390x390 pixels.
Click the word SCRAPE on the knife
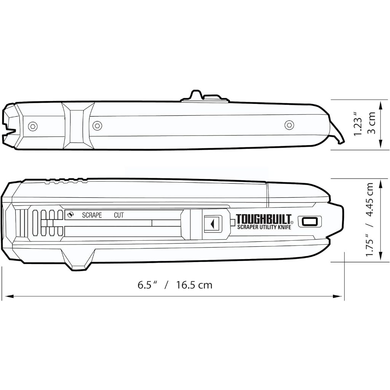click(x=92, y=215)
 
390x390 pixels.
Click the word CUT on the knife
click(x=119, y=215)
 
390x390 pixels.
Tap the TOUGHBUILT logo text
click(x=264, y=219)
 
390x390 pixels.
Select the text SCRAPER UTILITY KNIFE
click(x=264, y=227)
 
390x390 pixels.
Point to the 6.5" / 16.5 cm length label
click(x=175, y=285)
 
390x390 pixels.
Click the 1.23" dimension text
click(x=359, y=124)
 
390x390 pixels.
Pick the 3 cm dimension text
click(x=371, y=123)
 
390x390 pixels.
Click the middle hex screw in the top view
click(x=97, y=126)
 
